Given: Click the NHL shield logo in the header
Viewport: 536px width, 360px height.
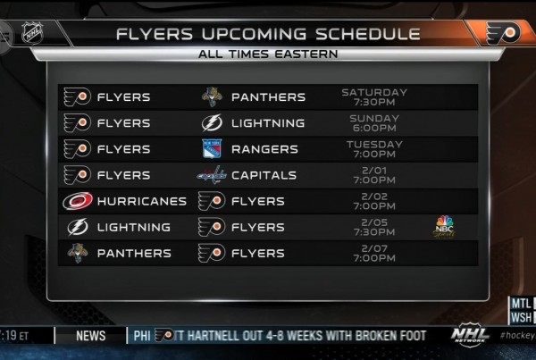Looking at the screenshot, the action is tap(32, 33).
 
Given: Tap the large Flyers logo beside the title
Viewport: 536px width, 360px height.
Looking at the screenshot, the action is tap(503, 33).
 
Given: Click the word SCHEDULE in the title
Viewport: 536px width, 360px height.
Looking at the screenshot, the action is tap(367, 34).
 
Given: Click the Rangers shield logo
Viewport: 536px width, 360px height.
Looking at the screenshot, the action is tap(212, 148).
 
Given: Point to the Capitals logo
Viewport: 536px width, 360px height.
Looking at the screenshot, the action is tap(212, 175).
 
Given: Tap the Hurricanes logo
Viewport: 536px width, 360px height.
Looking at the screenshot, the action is tap(78, 201).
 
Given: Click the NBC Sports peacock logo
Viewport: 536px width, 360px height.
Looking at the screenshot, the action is tap(444, 227).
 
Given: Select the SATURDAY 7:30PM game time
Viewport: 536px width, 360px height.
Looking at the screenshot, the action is tap(374, 97).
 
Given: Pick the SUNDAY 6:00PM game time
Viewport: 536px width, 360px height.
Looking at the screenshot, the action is tap(374, 123).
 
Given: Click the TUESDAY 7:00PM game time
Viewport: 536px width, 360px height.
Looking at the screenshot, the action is tap(374, 149).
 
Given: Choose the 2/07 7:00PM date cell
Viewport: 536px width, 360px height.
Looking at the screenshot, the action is tap(374, 253).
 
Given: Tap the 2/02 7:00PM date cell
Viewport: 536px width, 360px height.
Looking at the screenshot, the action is tap(374, 201).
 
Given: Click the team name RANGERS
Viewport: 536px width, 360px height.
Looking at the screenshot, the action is tap(264, 149).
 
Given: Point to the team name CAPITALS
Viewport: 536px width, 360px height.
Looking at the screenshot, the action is tap(264, 175).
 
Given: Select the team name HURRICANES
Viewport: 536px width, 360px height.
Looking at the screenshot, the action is tap(142, 201).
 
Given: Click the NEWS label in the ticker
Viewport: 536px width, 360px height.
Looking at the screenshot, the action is tap(91, 336).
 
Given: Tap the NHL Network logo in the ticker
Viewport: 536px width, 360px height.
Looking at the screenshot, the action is tap(470, 335).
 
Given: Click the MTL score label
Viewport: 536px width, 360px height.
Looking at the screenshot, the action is tap(522, 303).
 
